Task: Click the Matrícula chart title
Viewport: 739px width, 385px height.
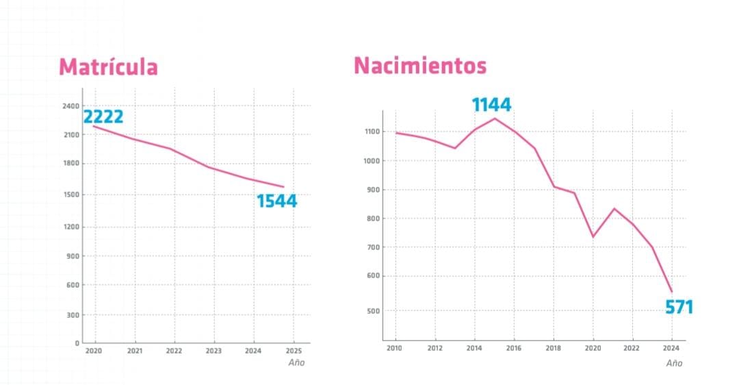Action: (108, 67)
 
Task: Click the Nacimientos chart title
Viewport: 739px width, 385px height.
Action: (420, 66)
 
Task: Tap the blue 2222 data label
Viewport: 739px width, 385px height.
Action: (103, 117)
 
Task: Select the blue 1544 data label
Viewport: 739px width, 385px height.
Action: (276, 201)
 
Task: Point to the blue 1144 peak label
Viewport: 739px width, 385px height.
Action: (491, 105)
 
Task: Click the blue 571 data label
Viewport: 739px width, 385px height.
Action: (679, 308)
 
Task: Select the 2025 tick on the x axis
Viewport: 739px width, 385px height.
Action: (294, 350)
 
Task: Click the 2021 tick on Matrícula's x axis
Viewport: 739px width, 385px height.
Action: (134, 350)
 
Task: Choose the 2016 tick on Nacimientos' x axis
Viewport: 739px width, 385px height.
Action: (514, 348)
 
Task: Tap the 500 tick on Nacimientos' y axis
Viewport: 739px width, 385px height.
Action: (374, 311)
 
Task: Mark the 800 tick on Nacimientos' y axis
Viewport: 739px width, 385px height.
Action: (374, 219)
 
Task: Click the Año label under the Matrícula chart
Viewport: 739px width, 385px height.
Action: (296, 362)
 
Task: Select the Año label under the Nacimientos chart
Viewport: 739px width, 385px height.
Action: (674, 363)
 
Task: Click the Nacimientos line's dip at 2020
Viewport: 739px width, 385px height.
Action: (593, 237)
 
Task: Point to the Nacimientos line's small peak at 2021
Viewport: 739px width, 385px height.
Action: (614, 208)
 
